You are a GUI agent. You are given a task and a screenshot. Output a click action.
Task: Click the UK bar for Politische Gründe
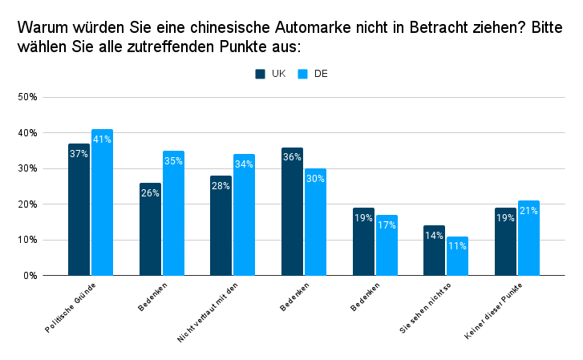(x=79, y=209)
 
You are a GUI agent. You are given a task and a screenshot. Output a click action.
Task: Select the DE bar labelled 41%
(x=102, y=202)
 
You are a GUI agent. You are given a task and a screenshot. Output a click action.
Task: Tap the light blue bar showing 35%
(x=173, y=212)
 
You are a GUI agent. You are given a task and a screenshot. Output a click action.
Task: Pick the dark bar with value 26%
(x=150, y=229)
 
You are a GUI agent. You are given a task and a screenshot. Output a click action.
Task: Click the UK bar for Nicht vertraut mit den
(x=221, y=225)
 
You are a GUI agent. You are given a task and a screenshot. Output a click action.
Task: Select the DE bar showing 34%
(x=244, y=215)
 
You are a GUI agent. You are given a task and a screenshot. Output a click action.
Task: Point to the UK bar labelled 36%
(x=292, y=211)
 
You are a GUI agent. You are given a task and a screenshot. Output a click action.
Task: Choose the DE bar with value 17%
(x=387, y=245)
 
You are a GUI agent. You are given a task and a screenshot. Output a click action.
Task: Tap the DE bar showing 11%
(x=457, y=256)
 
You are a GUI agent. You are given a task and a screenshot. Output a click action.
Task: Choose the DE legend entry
(x=313, y=74)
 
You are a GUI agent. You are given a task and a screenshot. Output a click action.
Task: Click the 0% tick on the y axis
(x=31, y=275)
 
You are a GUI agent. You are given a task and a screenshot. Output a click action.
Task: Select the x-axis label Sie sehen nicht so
(x=425, y=309)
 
